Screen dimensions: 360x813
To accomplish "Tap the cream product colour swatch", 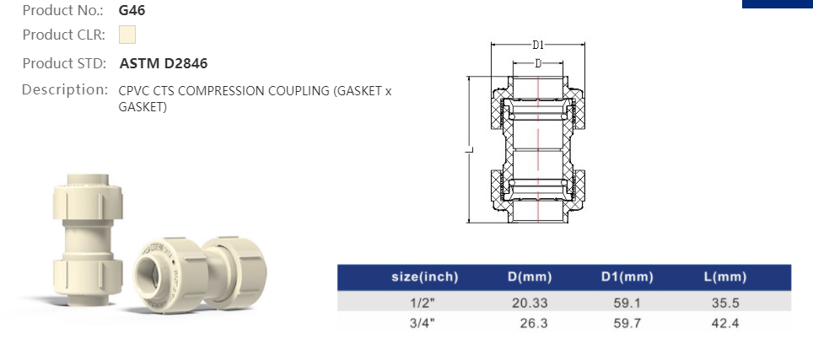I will pos(127,35).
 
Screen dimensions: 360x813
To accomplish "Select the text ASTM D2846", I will pos(164,63).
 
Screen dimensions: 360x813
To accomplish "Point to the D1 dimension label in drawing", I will pos(537,45).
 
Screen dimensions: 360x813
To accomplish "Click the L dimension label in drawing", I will pos(472,150).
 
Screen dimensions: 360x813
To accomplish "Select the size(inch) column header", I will pos(424,277).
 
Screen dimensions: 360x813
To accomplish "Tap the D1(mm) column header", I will pos(627,277).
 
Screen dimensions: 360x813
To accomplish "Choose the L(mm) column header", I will pos(724,277).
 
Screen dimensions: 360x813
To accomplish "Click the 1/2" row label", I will pos(426,302).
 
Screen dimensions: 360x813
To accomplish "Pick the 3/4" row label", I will pos(426,323).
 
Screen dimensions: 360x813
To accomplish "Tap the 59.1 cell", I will pos(627,302).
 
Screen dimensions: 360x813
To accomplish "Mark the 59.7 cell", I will pos(627,323).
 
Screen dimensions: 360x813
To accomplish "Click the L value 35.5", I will pos(724,302).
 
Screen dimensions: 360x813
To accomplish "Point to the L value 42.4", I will pos(724,323).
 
